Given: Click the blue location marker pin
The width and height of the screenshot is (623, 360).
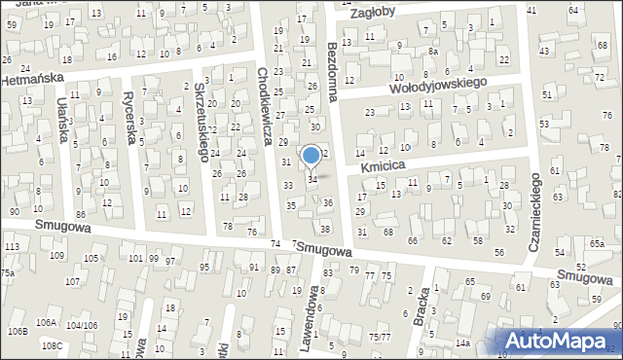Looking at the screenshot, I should (x=311, y=156).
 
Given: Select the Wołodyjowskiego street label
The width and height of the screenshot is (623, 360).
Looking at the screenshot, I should (x=438, y=84).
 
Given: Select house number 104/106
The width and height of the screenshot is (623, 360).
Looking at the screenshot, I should (x=81, y=324).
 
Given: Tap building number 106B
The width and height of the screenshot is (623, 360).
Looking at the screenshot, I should (x=17, y=332).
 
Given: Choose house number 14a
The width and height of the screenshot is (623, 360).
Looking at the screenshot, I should (x=461, y=343).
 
